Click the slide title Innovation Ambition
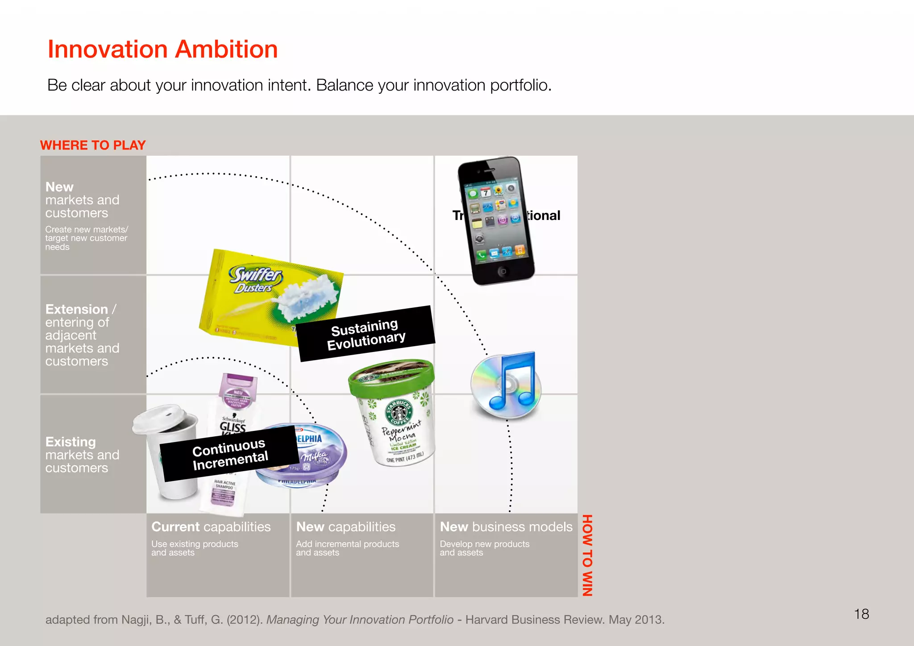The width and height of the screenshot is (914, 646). click(x=162, y=49)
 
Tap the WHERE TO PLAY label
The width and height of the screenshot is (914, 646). click(x=93, y=145)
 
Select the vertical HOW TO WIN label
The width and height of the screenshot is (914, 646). click(x=587, y=555)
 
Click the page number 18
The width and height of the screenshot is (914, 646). click(x=861, y=614)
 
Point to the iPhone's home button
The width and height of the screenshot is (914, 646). click(x=503, y=271)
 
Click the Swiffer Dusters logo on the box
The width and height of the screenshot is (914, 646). click(x=255, y=279)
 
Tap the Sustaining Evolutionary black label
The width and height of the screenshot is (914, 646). click(x=366, y=334)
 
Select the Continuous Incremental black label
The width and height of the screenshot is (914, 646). click(x=230, y=454)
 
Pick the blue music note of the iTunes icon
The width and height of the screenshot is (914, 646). click(x=513, y=381)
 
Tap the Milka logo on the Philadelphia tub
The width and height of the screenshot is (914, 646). click(x=314, y=456)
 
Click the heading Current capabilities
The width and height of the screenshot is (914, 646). click(x=211, y=527)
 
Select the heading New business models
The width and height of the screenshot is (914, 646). click(x=506, y=527)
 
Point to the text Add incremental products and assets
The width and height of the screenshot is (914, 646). click(x=347, y=548)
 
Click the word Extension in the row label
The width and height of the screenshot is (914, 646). click(x=76, y=309)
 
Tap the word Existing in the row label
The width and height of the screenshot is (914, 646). click(x=71, y=442)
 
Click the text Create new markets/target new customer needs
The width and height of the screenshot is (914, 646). click(x=86, y=238)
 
